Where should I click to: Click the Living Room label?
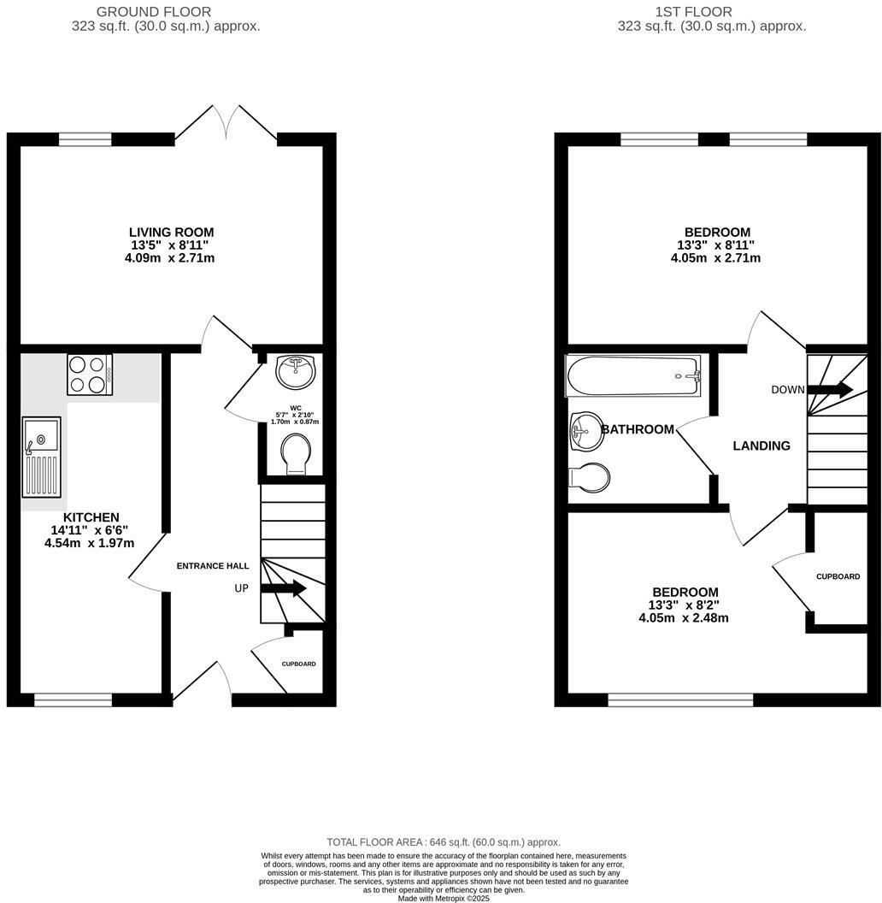pos(171,232)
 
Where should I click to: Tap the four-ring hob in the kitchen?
pos(90,375)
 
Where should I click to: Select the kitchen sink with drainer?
pos(42,457)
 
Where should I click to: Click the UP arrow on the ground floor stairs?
pos(283,588)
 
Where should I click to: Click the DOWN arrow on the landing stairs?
pos(830,390)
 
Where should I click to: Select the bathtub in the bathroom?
pos(633,375)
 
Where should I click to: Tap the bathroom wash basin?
pos(586,430)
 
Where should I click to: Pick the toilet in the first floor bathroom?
pos(590,477)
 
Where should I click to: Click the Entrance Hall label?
pos(213,566)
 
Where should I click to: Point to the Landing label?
pos(761,446)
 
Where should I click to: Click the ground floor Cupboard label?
pos(299,664)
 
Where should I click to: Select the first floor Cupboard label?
pos(838,576)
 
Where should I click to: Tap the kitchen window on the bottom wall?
pos(73,700)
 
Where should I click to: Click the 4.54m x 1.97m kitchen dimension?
pos(90,543)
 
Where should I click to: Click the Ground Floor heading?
pos(154,12)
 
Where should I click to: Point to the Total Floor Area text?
pos(444,842)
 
